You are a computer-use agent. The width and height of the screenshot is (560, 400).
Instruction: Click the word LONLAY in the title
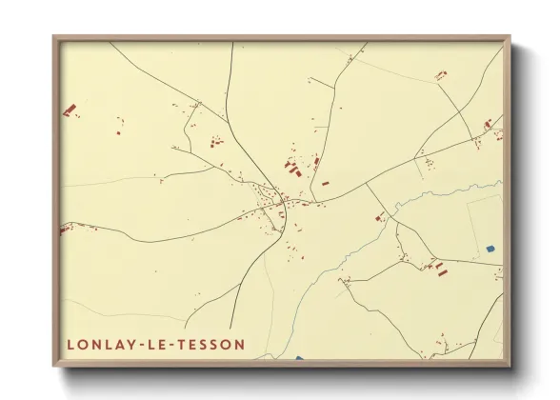point(97,344)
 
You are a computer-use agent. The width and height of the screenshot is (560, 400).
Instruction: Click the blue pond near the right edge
point(490,249)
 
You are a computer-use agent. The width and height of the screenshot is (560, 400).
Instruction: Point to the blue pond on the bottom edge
point(299,358)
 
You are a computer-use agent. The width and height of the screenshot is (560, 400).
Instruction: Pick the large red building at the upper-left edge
point(69,110)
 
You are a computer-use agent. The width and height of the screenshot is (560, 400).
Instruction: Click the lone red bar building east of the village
point(325,183)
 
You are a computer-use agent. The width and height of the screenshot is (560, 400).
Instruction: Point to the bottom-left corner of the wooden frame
point(54,365)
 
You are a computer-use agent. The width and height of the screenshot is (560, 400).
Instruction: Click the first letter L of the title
point(70,344)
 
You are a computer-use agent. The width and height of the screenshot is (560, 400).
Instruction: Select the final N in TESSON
point(239,344)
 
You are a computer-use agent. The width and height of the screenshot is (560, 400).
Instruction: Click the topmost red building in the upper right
point(440,74)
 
